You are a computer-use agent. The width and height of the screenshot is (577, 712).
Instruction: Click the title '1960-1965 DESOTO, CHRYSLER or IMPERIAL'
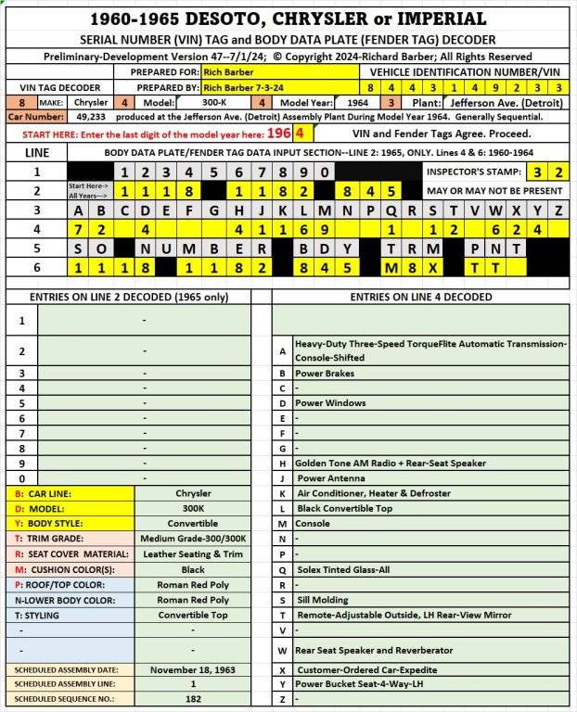[x=288, y=19]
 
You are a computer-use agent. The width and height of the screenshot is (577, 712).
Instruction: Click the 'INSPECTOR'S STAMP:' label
[x=474, y=172]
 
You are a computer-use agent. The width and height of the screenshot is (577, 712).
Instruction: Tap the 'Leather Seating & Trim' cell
[x=193, y=553]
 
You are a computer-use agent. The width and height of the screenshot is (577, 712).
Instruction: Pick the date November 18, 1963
[x=193, y=669]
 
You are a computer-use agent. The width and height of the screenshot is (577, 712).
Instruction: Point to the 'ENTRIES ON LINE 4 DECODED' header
[x=420, y=297]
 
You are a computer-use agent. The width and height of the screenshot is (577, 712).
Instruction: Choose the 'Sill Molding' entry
[x=322, y=599]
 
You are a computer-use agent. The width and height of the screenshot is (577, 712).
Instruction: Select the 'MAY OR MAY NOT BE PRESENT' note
[x=494, y=191]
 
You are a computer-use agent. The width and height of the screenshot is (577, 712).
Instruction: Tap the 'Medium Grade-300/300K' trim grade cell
[x=193, y=539]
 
